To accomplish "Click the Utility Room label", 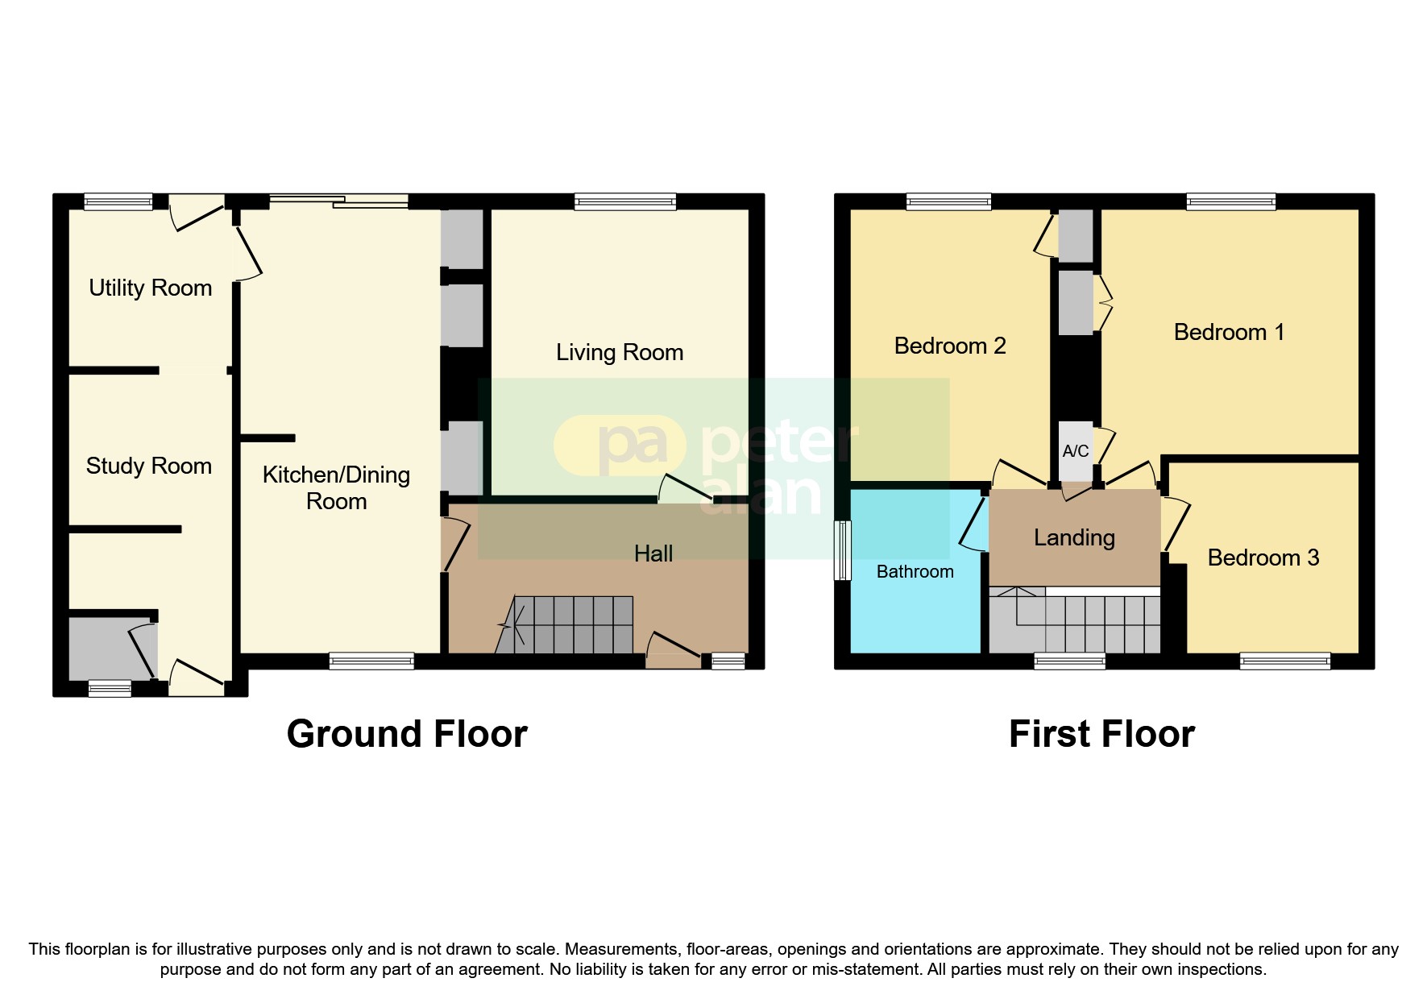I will [150, 288].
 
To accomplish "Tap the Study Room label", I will [148, 466].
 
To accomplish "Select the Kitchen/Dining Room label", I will [336, 487].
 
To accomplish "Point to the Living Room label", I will [619, 352].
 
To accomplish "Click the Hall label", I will [653, 553].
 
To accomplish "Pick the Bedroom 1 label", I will [1228, 332].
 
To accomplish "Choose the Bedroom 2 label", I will [949, 346].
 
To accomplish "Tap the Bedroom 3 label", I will [1263, 558].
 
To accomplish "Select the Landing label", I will [1074, 537].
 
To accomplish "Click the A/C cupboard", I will [1075, 451].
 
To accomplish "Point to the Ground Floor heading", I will [407, 734].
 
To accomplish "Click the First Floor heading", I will [1101, 734].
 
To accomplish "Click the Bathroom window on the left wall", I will [842, 550].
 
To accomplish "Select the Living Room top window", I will [624, 201].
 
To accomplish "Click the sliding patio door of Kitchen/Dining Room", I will [338, 201].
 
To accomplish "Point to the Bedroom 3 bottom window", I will [1284, 661].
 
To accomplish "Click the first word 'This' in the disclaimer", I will [44, 949].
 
